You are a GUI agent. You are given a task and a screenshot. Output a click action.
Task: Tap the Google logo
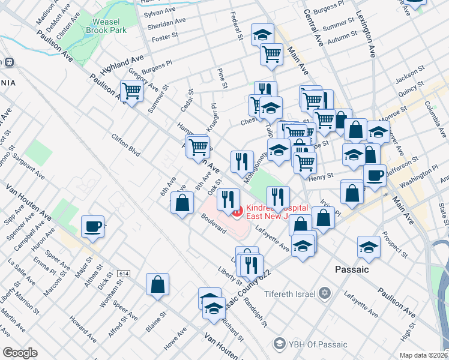click(x=20, y=353)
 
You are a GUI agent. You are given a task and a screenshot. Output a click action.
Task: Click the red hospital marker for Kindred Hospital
click(x=237, y=211)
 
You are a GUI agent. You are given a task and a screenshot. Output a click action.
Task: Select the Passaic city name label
click(x=351, y=270)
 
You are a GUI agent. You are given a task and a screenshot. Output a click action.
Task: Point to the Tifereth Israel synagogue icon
click(x=325, y=295)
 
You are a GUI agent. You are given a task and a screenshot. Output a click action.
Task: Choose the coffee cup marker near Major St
click(x=92, y=227)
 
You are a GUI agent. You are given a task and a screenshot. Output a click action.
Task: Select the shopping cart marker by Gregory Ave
click(x=131, y=92)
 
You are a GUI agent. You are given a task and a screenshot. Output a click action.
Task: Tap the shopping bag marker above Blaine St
click(x=157, y=284)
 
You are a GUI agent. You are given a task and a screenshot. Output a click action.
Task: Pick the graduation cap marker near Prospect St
click(x=369, y=246)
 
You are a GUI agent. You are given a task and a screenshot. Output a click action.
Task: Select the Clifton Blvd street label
click(x=125, y=145)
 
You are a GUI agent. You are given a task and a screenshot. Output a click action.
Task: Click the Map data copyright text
click(x=424, y=355)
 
